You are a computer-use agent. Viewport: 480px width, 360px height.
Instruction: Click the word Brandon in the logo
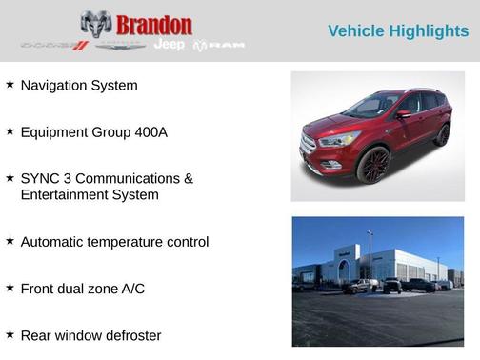pos(152,25)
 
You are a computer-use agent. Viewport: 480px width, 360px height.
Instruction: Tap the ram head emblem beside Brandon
pos(96,25)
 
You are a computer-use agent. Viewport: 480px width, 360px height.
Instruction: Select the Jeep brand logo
pos(169,45)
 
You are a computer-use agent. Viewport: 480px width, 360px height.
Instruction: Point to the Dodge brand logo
pos(54,45)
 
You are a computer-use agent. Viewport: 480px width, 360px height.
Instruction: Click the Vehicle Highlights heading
pos(397,31)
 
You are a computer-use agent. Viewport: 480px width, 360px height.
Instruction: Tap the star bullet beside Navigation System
pos(10,84)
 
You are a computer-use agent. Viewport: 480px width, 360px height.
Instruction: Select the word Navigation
pos(56,86)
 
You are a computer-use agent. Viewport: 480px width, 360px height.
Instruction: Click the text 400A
pos(150,132)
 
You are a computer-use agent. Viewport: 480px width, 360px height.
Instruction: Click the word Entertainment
pos(65,194)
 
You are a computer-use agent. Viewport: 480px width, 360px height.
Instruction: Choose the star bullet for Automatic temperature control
pos(10,241)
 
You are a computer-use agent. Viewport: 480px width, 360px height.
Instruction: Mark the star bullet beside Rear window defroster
pos(10,334)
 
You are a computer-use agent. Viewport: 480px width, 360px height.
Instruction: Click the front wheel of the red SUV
pos(374,164)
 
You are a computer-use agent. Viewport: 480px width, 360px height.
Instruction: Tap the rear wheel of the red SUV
pos(442,134)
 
